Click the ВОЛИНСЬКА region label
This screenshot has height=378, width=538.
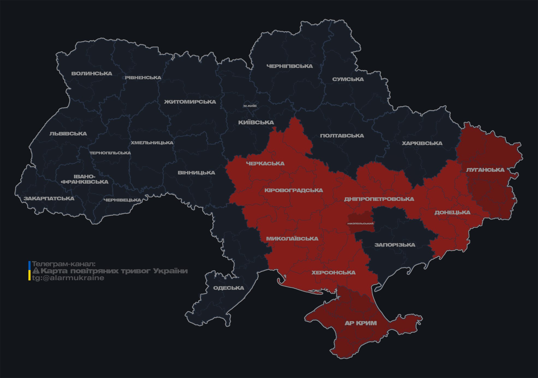pos(92,74)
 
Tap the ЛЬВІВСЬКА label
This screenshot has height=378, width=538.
pos(68,134)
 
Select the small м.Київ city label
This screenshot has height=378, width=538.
pos(250,106)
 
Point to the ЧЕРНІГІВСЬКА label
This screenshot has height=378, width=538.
pos(289,66)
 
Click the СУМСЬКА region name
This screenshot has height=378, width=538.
pos(348,79)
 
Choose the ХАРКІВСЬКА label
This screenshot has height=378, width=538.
pos(422,143)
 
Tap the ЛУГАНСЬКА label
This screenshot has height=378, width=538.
pos(485,170)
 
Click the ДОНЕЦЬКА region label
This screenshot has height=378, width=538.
pos(452,212)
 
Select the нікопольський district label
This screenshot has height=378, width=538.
pos(360,223)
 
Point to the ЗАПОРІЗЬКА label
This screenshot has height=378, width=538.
pos(394,245)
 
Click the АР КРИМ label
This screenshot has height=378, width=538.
pos(361,323)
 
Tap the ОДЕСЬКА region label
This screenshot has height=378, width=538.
pos(228,288)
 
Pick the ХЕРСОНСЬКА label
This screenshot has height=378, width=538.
pos(333,272)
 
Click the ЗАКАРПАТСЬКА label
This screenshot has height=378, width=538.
pos(49,198)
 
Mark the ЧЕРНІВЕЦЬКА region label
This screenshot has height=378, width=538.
pos(122,200)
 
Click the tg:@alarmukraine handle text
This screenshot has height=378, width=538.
pos(68,278)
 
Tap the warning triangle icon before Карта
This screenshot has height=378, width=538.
pos(36,271)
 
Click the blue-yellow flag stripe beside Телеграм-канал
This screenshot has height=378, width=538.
pos(29,271)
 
